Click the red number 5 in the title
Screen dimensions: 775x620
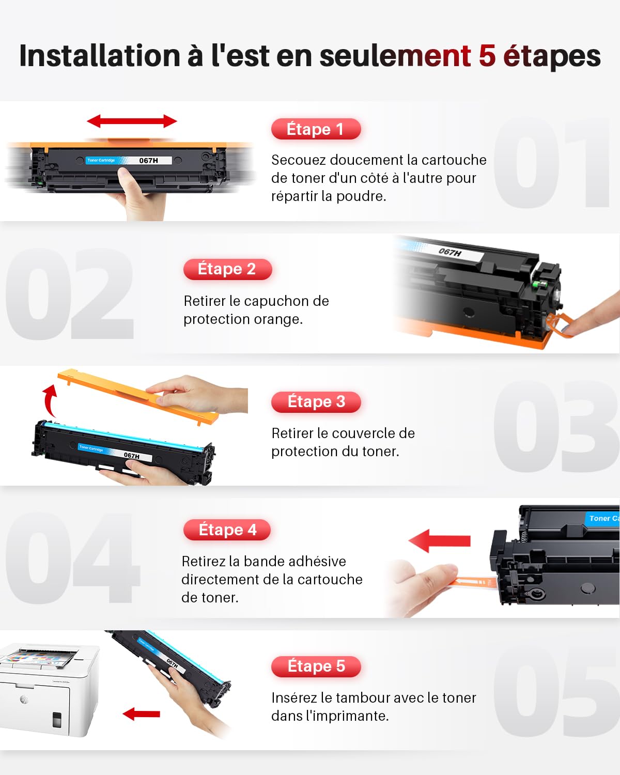(487, 56)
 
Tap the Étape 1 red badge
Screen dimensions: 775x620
(315, 129)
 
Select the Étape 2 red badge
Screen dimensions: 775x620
(227, 269)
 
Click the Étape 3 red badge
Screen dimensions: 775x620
(316, 401)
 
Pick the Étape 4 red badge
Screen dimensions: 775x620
(227, 530)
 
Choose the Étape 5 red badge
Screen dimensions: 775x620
(316, 666)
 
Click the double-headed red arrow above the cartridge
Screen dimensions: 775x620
(132, 121)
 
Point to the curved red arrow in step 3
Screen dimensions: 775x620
(50, 400)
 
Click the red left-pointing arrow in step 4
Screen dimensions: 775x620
(440, 541)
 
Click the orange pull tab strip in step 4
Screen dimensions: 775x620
(473, 583)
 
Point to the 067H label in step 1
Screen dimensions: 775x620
(149, 161)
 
